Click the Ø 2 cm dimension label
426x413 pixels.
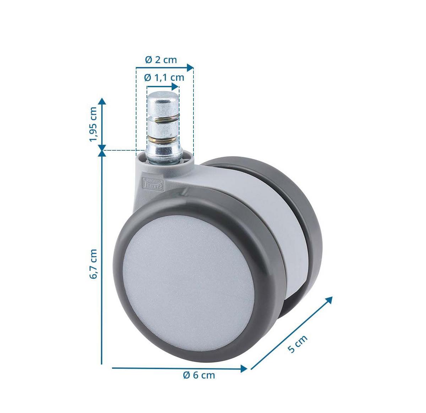(161, 60)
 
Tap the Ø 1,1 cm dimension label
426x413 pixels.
(164, 77)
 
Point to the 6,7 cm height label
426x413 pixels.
(93, 264)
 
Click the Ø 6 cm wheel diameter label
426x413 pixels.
(199, 375)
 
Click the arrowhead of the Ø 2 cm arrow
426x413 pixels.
(191, 67)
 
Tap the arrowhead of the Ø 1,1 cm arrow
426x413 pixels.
(176, 86)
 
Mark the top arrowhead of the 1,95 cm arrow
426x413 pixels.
(102, 101)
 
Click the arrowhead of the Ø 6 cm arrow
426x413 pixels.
(244, 368)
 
